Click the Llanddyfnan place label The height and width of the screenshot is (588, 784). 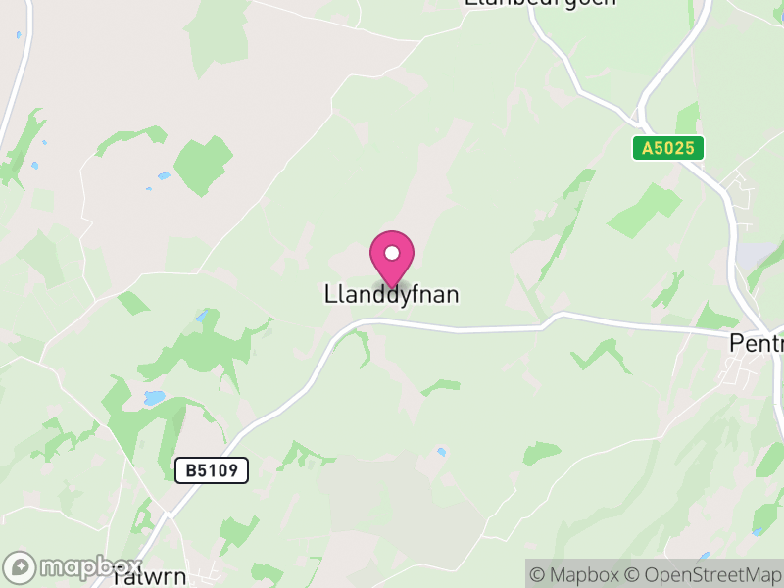391,294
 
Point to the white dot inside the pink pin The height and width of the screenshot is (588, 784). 392,253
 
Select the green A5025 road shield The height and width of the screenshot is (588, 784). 668,148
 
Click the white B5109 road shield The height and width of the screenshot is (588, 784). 212,471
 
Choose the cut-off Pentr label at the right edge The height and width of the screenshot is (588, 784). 757,343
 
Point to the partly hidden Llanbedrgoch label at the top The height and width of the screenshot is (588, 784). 539,3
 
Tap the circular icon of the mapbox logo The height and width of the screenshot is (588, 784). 21,567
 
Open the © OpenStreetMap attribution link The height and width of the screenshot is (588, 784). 701,574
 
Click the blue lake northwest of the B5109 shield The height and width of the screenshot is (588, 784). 154,398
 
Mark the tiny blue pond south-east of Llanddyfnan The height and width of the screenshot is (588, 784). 442,452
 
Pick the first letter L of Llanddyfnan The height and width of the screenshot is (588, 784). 329,294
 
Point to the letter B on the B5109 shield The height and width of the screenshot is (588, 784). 191,471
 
